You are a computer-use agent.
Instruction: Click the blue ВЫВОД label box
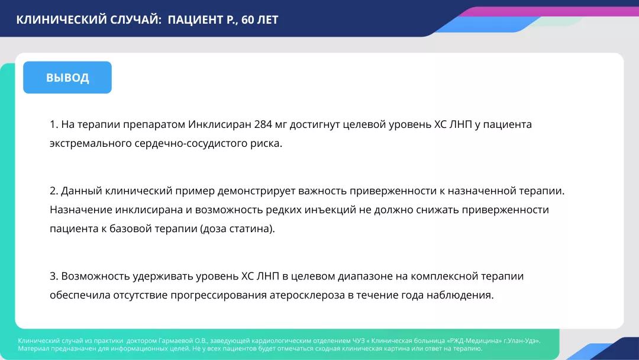67,78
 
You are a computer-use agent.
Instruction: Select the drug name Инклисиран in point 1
220,125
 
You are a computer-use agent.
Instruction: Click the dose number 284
263,125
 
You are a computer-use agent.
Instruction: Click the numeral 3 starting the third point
53,276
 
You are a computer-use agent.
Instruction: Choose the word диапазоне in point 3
361,276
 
